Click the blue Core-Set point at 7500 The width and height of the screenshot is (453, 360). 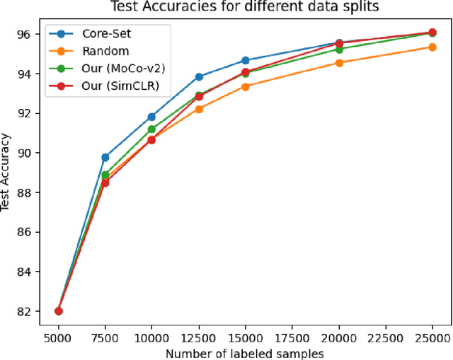(105, 157)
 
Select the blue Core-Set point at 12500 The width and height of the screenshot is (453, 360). (199, 76)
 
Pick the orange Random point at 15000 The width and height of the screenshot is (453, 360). (246, 86)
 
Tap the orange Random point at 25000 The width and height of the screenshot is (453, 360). (433, 47)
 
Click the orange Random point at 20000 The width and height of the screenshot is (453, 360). (339, 62)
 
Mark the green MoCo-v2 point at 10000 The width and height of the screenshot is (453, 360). (152, 129)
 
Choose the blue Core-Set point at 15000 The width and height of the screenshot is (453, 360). (246, 60)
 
